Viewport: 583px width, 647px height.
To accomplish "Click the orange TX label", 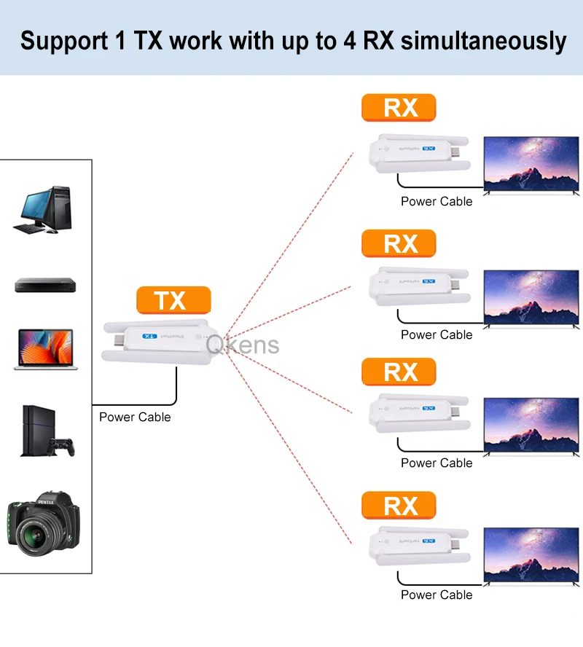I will pos(173,300).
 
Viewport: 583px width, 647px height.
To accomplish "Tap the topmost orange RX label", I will pos(399,108).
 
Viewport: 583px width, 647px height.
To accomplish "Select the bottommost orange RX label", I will pos(399,505).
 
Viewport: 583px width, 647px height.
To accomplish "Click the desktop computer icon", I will pos(44,210).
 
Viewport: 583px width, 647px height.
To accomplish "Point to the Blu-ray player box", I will pos(45,285).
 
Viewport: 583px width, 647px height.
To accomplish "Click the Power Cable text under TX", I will pos(135,417).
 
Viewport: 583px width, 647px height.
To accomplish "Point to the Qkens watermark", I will pos(243,345).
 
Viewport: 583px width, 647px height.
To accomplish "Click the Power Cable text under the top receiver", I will pos(437,202).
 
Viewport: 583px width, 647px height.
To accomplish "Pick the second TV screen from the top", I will pos(531,297).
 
